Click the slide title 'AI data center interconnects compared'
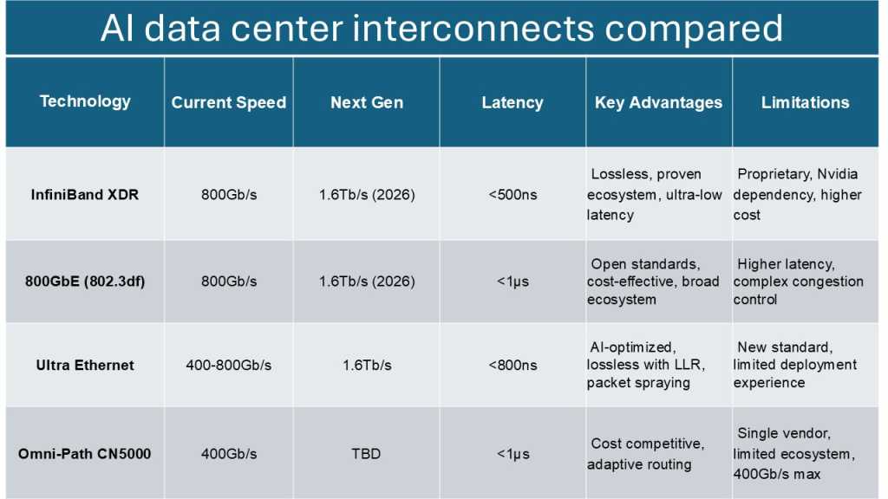point(442,29)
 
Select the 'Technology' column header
point(85,101)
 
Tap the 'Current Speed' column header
point(228,102)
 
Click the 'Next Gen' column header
point(366,102)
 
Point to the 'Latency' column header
point(512,102)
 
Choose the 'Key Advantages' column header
point(658,102)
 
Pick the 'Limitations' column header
point(805,102)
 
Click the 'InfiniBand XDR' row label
point(85,195)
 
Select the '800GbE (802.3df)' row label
point(85,282)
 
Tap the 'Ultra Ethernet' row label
point(85,366)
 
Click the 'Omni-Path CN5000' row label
point(85,454)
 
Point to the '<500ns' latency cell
point(512,195)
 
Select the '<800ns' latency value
point(512,366)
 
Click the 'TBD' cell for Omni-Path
point(366,454)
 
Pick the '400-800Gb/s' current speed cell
point(228,366)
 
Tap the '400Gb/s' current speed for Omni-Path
point(228,454)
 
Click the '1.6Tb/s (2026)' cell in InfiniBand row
point(366,195)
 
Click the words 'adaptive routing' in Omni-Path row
point(639,464)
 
